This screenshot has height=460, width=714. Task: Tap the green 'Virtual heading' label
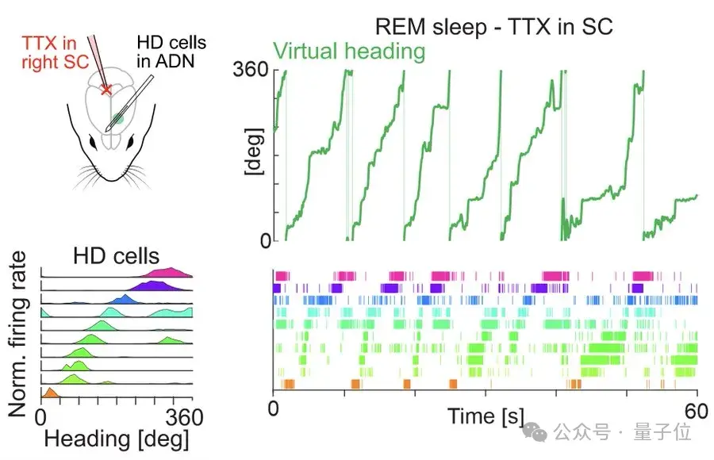tap(349, 52)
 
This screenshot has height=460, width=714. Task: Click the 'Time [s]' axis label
tap(483, 415)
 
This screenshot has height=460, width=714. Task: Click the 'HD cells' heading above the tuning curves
tap(116, 256)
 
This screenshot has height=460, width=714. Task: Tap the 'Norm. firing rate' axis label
tap(17, 334)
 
